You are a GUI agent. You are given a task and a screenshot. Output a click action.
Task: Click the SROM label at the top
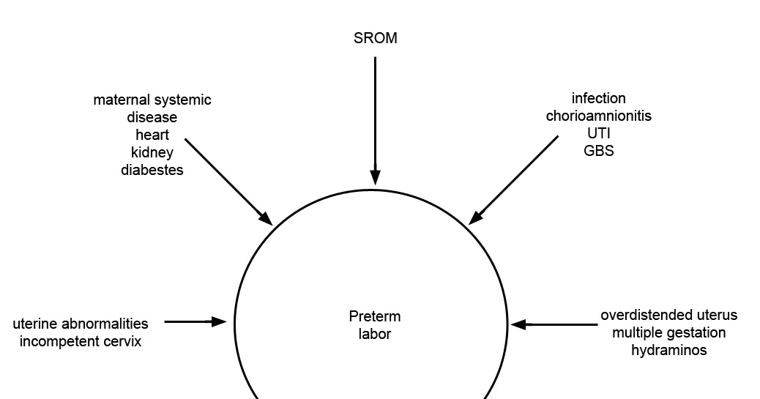tap(375, 39)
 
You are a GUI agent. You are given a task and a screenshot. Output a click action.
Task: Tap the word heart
tap(152, 135)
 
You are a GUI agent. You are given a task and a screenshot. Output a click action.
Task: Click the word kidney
tap(152, 152)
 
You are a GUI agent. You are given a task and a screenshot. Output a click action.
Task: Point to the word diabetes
tap(152, 170)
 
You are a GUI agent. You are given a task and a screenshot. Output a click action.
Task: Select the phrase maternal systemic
tap(152, 100)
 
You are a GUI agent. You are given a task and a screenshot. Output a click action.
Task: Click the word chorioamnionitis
tap(598, 116)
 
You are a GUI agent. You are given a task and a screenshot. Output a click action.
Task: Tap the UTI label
tap(598, 133)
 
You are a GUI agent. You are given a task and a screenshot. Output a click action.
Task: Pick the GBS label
tap(598, 151)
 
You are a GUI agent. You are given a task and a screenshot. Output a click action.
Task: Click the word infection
tap(598, 98)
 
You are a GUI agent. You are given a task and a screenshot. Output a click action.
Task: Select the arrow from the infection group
tap(513, 179)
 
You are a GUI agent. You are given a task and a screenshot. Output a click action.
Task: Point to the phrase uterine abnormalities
tap(81, 324)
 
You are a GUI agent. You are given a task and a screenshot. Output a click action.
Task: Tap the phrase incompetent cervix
tap(81, 341)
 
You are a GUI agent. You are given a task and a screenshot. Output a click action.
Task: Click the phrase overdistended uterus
tap(669, 316)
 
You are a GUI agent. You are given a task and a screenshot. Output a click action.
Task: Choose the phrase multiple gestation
tap(669, 333)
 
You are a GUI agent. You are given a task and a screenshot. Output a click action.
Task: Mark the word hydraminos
tap(669, 351)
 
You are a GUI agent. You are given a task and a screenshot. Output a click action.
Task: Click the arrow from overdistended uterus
tap(554, 324)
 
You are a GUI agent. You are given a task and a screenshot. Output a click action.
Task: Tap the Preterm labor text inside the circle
tap(375, 326)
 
